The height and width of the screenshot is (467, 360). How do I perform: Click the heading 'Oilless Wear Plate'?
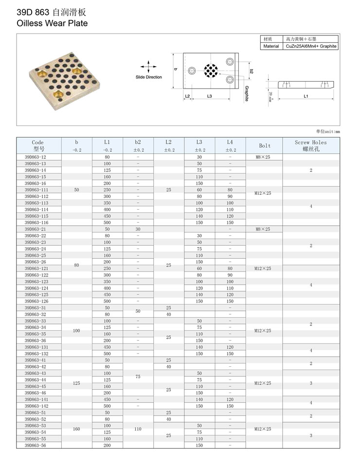(52, 23)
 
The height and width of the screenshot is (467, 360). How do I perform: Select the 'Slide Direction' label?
(148, 77)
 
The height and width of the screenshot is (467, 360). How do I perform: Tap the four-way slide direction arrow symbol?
(148, 67)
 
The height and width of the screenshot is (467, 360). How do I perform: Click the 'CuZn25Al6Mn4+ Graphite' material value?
(311, 46)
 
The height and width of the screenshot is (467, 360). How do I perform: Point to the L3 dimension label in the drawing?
(209, 96)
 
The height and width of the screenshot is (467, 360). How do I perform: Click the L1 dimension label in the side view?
(306, 96)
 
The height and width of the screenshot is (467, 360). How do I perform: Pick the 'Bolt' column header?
(265, 145)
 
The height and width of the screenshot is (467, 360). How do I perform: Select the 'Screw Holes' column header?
(311, 145)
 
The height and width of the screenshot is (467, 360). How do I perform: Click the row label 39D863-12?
(36, 157)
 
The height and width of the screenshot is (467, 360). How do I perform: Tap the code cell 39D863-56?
(36, 445)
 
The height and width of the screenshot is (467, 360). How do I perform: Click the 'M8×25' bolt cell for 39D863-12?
(262, 157)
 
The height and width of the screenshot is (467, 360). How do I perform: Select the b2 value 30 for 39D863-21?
(138, 229)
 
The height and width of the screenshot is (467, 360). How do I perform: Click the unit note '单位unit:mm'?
(328, 131)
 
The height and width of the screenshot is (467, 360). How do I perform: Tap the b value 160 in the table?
(76, 429)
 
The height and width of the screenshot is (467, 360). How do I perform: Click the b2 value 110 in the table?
(138, 429)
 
